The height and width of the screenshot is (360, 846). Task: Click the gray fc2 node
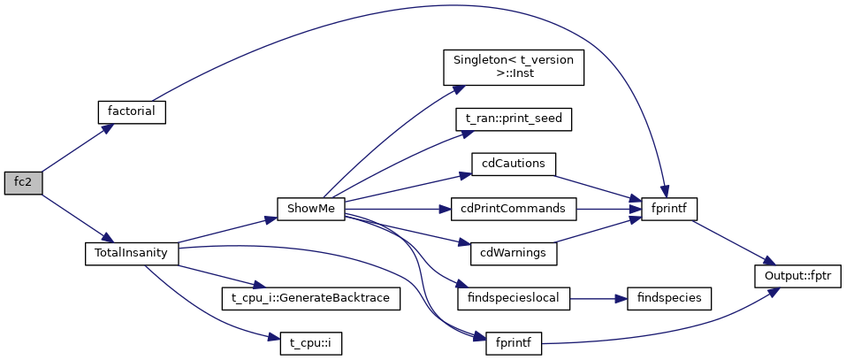pyautogui.click(x=21, y=183)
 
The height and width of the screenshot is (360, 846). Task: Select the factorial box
pyautogui.click(x=131, y=112)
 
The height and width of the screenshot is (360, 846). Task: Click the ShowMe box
pyautogui.click(x=310, y=210)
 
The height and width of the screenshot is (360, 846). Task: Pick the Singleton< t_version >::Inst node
pyautogui.click(x=514, y=67)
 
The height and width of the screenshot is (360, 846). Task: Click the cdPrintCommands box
pyautogui.click(x=514, y=210)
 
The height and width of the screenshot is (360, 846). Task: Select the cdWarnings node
pyautogui.click(x=514, y=254)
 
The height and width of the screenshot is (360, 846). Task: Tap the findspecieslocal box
pyautogui.click(x=514, y=298)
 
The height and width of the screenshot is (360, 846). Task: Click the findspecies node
pyautogui.click(x=669, y=298)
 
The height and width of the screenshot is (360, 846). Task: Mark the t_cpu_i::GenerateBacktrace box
pyautogui.click(x=310, y=298)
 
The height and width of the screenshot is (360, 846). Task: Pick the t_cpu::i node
pyautogui.click(x=310, y=342)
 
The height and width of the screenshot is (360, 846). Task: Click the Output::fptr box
pyautogui.click(x=796, y=276)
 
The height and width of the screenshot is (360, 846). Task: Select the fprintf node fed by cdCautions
pyautogui.click(x=669, y=210)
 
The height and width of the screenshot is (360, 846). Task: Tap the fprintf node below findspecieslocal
pyautogui.click(x=514, y=342)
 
